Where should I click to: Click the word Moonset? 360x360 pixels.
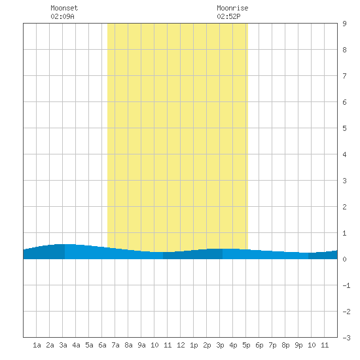64,8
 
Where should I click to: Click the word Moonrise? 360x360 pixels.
232,8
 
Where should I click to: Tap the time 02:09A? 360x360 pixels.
62,16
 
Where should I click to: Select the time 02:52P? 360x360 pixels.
228,16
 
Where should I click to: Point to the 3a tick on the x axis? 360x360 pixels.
63,345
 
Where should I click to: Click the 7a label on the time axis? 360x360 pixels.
115,345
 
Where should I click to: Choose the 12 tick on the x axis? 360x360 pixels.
181,345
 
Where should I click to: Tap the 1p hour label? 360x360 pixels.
194,345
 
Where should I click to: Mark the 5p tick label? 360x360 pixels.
246,345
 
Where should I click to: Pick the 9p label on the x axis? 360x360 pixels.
298,345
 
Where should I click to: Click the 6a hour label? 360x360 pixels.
102,345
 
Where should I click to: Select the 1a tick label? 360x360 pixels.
37,345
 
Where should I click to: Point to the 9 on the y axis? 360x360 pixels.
344,24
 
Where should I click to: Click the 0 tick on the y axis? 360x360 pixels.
344,259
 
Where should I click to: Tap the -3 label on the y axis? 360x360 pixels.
346,338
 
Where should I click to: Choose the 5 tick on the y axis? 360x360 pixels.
344,128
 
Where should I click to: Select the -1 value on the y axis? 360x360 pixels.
346,285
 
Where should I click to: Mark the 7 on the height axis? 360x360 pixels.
344,76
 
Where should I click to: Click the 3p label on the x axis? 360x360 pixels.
220,345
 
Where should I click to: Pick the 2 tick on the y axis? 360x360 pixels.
344,207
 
